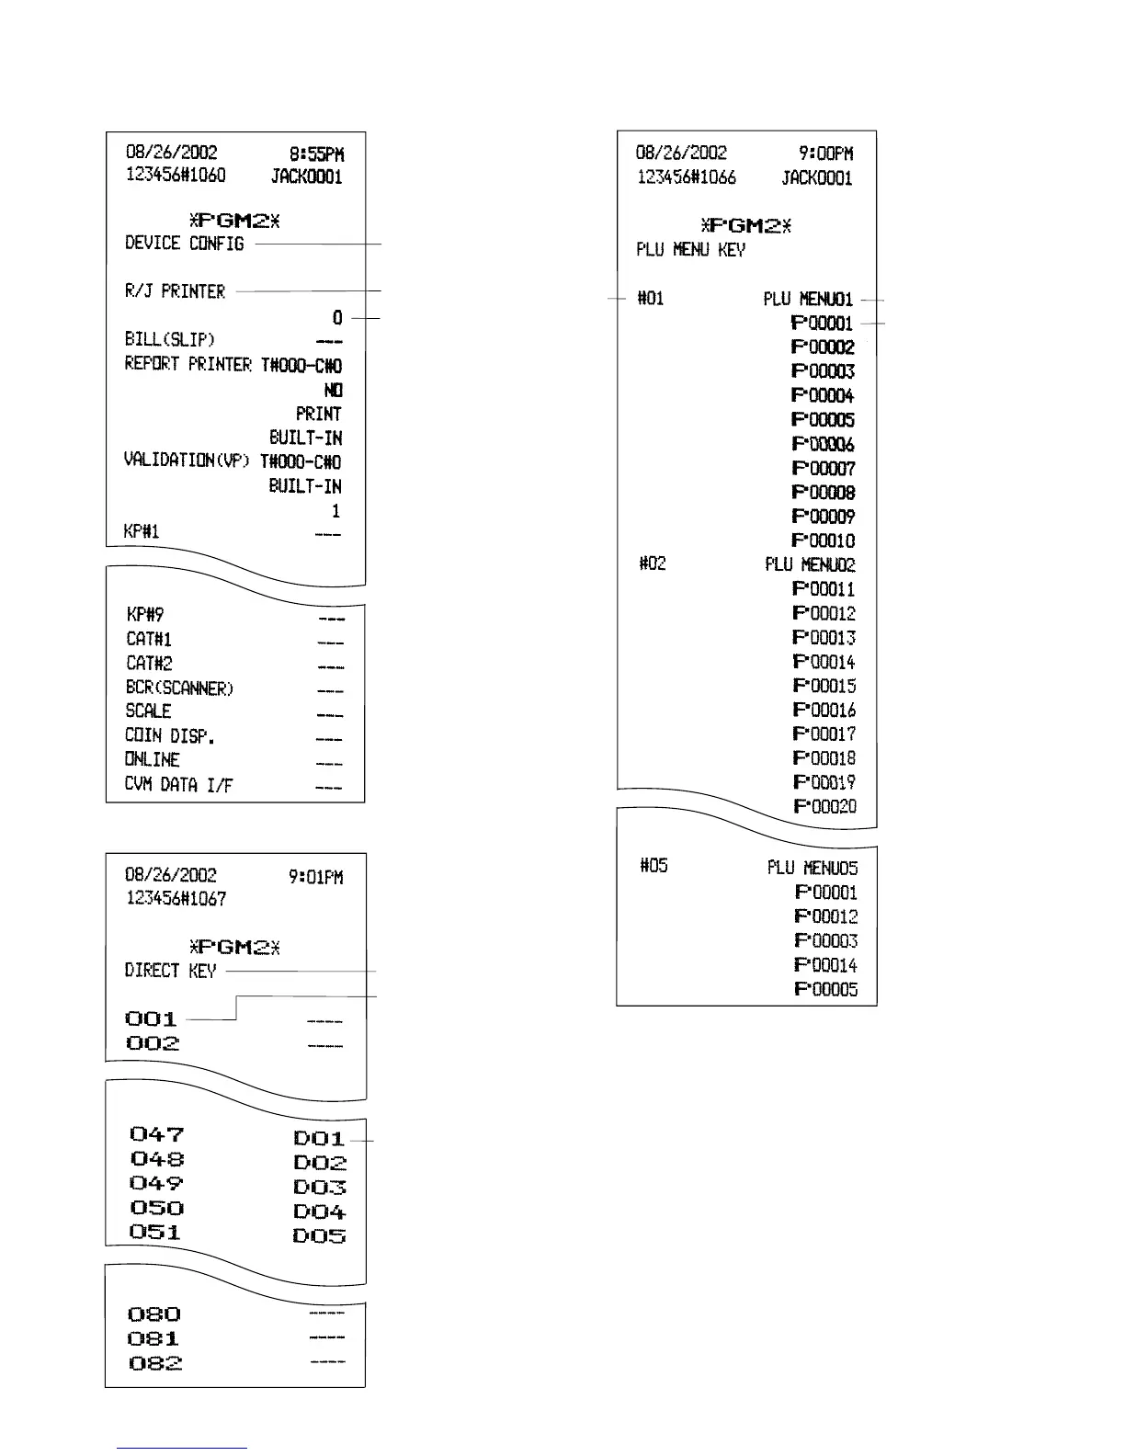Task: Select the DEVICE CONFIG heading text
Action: (185, 244)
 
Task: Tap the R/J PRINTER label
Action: (175, 291)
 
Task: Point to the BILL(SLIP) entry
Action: (170, 340)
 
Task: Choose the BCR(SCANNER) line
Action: (180, 688)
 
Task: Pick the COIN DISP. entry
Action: (169, 736)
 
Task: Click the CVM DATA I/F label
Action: (178, 785)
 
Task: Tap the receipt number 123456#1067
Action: (176, 899)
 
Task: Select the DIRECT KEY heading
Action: (170, 971)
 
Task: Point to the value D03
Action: (320, 1188)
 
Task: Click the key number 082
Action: (154, 1363)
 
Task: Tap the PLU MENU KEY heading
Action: (690, 250)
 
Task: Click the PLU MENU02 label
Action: (809, 564)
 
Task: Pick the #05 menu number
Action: (653, 866)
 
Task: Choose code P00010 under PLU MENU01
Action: (823, 540)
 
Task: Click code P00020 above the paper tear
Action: (824, 806)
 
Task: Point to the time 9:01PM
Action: (315, 877)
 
